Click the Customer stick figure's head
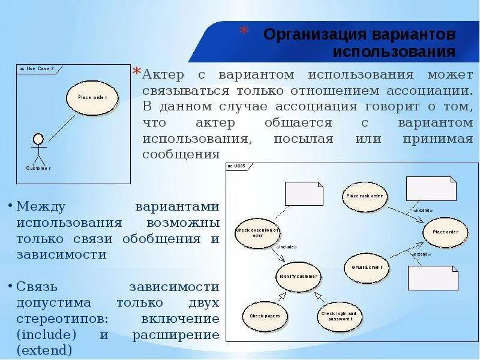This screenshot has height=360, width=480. [x=38, y=140]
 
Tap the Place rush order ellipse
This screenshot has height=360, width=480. [x=364, y=196]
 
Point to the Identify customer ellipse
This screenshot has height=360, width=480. [x=299, y=277]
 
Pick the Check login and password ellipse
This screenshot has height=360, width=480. [x=338, y=316]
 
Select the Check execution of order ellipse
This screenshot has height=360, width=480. [x=257, y=233]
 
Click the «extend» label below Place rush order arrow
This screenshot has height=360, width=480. [x=423, y=211]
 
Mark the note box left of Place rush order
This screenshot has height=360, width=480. [x=304, y=193]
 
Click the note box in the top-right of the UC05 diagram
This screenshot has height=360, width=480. [x=431, y=188]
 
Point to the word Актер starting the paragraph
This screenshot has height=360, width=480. [x=165, y=75]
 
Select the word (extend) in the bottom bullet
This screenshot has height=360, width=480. [x=44, y=350]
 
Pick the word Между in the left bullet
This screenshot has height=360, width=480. [x=43, y=206]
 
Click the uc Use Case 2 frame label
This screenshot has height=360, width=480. [x=35, y=69]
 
